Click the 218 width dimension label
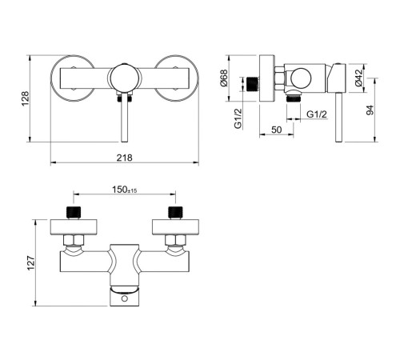click(124, 158)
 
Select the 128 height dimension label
click(26, 98)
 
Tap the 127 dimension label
click(31, 263)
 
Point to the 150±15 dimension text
click(124, 190)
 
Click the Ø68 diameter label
click(224, 78)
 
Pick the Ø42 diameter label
click(359, 78)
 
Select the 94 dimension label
click(370, 110)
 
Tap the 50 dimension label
click(276, 130)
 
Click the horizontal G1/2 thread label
click(317, 114)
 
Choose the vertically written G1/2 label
click(238, 118)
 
